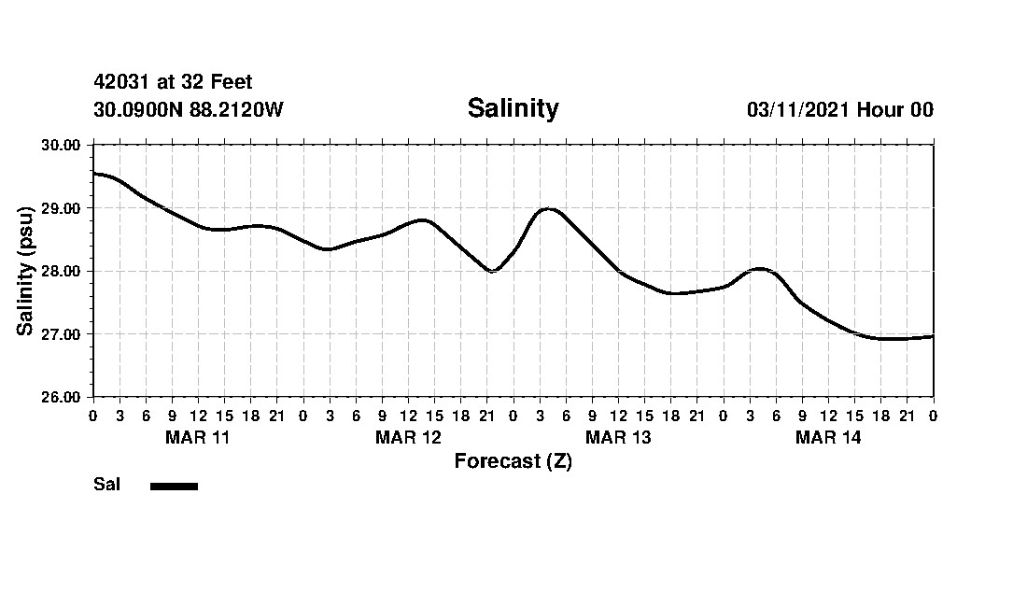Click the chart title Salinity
click(513, 108)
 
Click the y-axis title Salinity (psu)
click(25, 271)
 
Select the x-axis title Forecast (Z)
click(513, 461)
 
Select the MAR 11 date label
click(198, 438)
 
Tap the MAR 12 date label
click(408, 438)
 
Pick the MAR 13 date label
click(618, 438)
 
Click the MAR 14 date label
click(828, 438)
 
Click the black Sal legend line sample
click(174, 486)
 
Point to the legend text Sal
click(106, 485)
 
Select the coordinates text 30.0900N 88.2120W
click(189, 109)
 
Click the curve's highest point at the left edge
click(95, 174)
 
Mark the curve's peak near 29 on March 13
click(549, 209)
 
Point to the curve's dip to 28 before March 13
click(492, 271)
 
